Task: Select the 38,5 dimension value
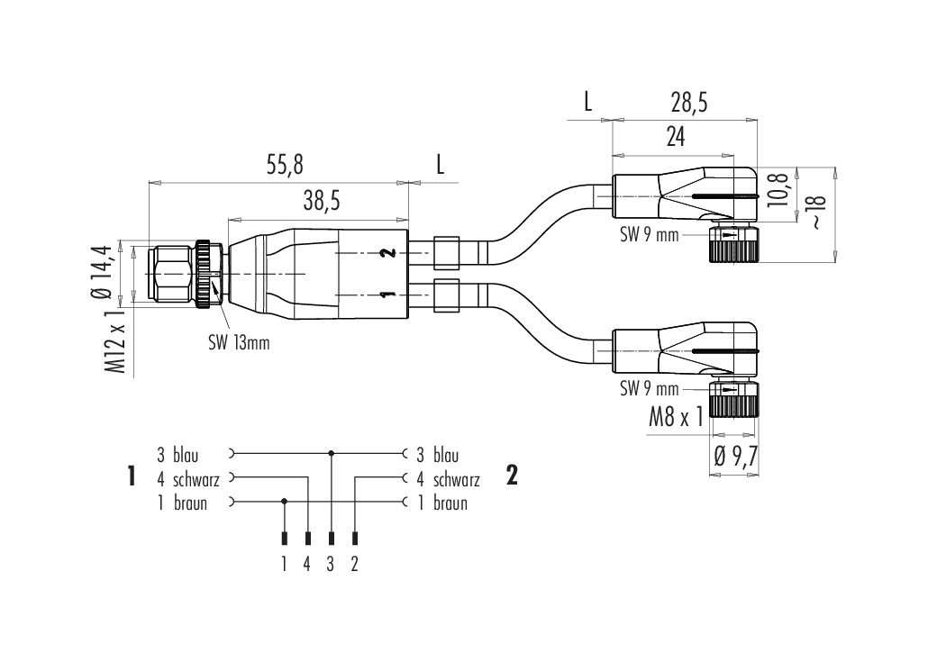320,202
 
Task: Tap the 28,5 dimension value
688,104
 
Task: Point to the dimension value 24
675,137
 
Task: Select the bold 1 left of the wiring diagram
132,476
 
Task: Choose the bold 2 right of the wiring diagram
512,476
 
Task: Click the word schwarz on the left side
196,480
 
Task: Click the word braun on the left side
190,503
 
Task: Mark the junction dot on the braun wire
285,501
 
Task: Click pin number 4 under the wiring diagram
307,565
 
